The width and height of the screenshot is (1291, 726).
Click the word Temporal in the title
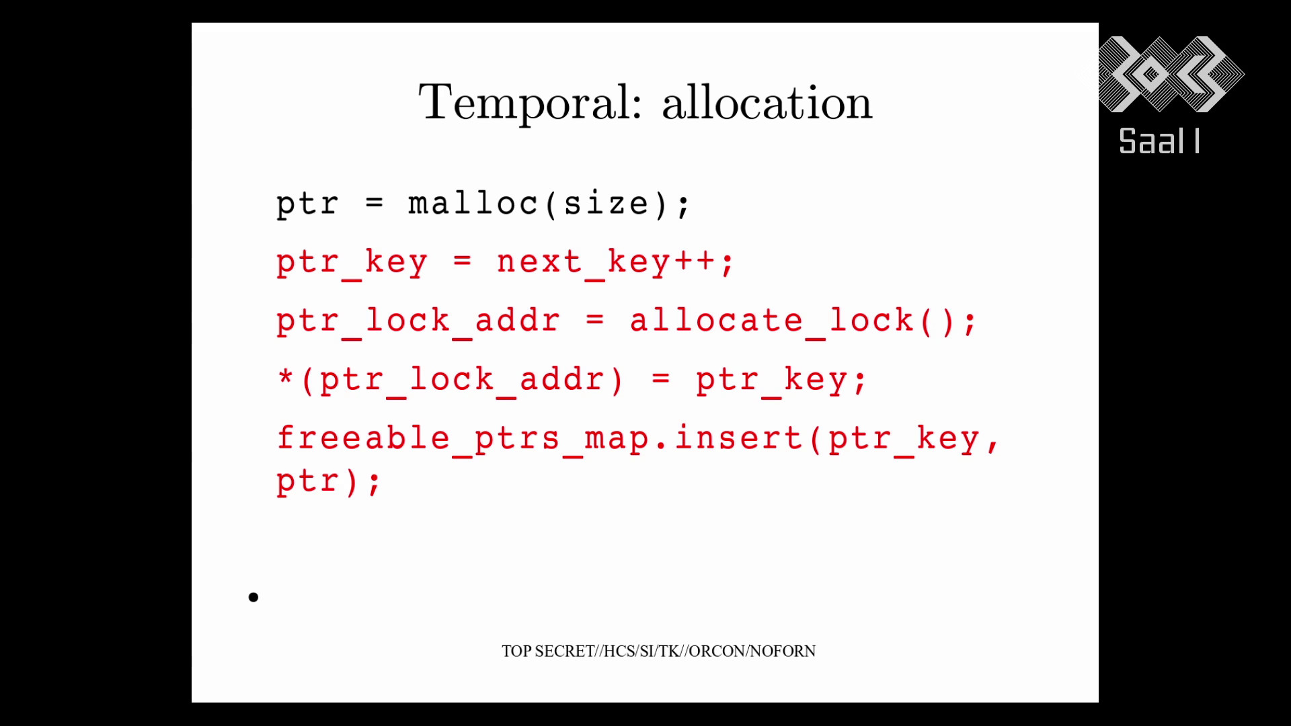(531, 104)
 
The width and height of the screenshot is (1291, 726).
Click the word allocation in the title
(767, 102)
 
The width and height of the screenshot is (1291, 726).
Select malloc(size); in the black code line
(549, 204)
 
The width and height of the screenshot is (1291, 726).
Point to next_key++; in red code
(615, 263)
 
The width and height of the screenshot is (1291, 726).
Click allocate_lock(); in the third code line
(803, 321)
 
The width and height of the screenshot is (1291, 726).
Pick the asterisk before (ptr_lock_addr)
(285, 376)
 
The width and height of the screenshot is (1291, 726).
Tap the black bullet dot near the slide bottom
(253, 597)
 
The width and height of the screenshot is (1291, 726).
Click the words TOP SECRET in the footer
(548, 651)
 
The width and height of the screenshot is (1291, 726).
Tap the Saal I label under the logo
(1159, 142)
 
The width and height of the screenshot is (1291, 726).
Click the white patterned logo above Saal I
(1171, 74)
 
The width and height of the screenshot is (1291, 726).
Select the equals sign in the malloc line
(374, 202)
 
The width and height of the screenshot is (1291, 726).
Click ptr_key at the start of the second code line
(352, 263)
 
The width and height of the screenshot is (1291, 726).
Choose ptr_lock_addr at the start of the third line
(418, 321)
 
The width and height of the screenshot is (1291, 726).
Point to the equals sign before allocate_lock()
(594, 320)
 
